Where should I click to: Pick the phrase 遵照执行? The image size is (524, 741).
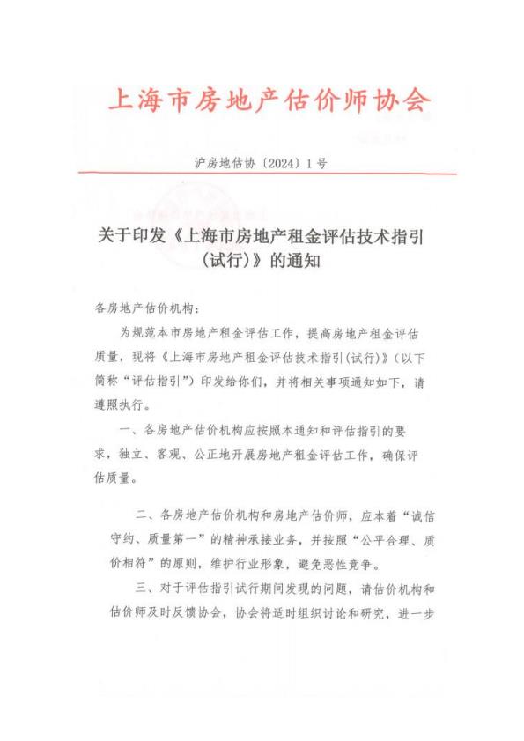pos(119,407)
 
